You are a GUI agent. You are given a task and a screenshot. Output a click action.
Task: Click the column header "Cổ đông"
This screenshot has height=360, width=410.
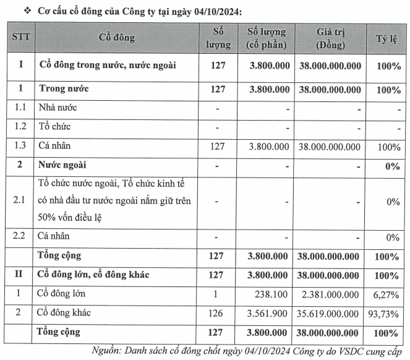coord(117,38)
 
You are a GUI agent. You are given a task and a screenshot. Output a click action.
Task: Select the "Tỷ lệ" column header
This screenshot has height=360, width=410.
coord(388,38)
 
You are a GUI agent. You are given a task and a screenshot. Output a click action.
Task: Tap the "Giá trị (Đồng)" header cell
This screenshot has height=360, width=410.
coord(330,38)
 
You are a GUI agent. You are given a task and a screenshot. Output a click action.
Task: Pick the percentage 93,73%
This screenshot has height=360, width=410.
coord(385,313)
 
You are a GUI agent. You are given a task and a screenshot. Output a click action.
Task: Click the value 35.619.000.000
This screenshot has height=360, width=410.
coord(328,313)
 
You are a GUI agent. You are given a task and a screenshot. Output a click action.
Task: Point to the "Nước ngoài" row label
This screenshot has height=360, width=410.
coord(64,166)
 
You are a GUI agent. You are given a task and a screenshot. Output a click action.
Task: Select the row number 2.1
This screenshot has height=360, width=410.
coord(20,202)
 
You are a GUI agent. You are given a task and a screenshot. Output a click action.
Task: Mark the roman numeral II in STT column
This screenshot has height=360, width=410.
coord(20,275)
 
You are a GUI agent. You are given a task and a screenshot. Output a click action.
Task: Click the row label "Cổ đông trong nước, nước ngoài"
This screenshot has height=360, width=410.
coord(108,65)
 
